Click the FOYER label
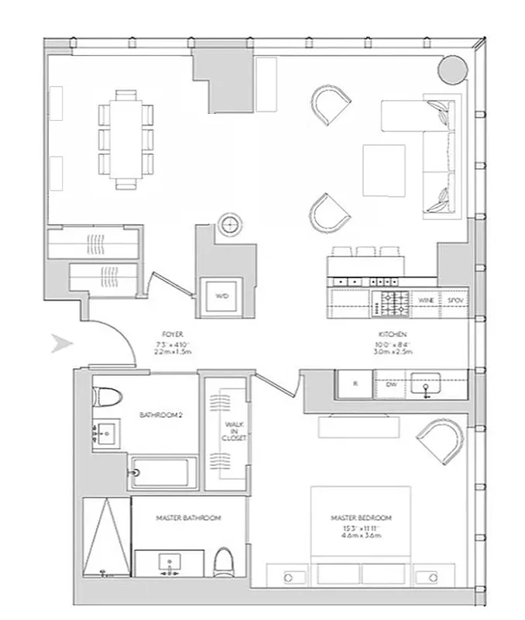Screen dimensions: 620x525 click(x=174, y=337)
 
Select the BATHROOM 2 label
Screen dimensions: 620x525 click(x=160, y=416)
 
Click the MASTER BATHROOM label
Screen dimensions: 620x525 click(x=189, y=518)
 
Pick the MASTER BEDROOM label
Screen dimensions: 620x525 click(x=361, y=518)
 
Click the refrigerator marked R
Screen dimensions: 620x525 click(x=355, y=383)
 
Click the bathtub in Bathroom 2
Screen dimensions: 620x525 click(x=163, y=473)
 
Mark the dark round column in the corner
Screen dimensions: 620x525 click(x=452, y=70)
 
